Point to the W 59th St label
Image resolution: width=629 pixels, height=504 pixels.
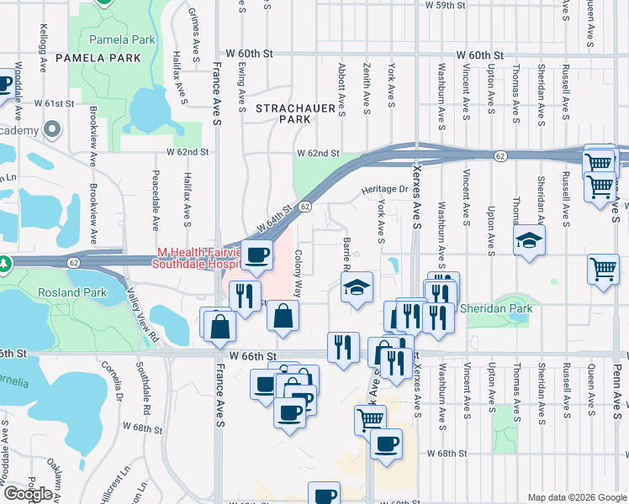coord(457,5)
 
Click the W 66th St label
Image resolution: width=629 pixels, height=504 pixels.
coord(251,356)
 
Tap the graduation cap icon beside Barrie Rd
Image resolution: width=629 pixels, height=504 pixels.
coord(357,288)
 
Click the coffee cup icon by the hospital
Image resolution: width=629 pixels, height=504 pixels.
coord(257,255)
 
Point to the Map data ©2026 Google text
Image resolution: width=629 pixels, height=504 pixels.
coord(577,497)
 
